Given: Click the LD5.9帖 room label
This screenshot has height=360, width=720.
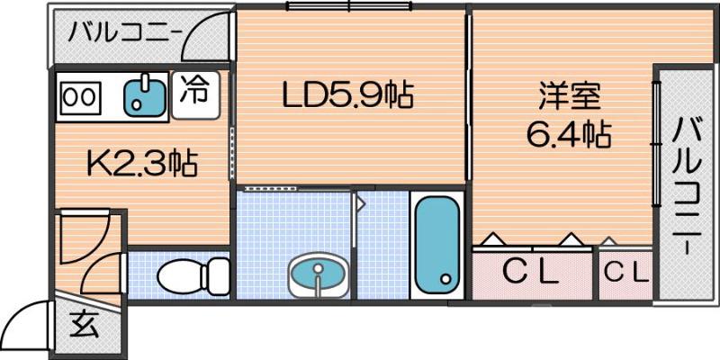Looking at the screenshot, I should tap(347, 95).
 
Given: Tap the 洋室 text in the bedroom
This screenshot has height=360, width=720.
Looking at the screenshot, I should tap(569, 95).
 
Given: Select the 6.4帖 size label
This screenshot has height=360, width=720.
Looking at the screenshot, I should tap(569, 135).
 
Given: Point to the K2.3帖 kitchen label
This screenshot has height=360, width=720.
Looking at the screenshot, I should tap(141, 164).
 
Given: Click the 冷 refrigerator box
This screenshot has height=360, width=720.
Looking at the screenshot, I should tap(193, 92).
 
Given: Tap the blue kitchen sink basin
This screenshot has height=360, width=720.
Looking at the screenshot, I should tap(144, 95).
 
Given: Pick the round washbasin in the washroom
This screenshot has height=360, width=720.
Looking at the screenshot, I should tap(318, 273).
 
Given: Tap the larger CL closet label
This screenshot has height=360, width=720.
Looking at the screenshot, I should tap(531, 272).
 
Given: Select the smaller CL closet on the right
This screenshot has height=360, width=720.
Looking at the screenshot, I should tap(625, 272).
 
